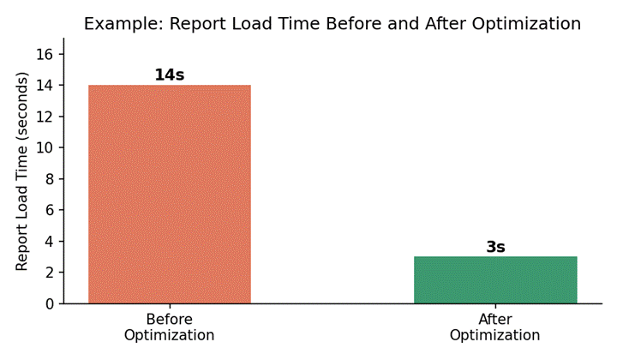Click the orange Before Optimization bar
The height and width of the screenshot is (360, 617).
click(170, 194)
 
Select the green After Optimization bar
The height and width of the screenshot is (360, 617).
click(495, 279)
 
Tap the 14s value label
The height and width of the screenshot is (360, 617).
click(169, 75)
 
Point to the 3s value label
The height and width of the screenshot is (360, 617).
click(495, 247)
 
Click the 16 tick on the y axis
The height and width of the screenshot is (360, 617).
click(45, 54)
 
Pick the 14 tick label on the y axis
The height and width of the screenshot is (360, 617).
click(45, 86)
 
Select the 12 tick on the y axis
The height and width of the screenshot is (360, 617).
click(45, 117)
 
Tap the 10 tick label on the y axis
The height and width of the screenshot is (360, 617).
click(45, 147)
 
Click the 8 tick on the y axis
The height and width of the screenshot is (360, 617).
click(49, 179)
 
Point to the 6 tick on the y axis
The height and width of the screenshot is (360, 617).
click(49, 210)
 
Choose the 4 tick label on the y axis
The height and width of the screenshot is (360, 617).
click(49, 241)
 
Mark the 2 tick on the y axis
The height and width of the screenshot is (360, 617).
click(49, 273)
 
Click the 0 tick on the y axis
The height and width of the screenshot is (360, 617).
click(49, 303)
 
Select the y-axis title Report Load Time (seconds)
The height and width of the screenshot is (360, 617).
click(22, 171)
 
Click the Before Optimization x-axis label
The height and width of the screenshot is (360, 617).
click(169, 327)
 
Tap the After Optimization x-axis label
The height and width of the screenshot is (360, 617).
click(495, 327)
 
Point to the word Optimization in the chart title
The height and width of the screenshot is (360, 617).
click(526, 24)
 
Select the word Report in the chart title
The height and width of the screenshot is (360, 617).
click(198, 24)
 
